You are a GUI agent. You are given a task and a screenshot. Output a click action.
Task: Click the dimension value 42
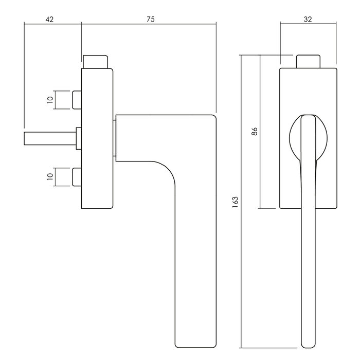pyautogui.click(x=49, y=19)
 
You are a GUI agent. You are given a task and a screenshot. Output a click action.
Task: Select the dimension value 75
pyautogui.click(x=150, y=19)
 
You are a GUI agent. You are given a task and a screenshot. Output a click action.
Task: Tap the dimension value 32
pyautogui.click(x=308, y=19)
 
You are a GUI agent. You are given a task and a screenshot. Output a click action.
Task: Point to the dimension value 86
pyautogui.click(x=254, y=131)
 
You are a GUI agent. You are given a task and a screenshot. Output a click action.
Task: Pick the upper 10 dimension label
pyautogui.click(x=50, y=100)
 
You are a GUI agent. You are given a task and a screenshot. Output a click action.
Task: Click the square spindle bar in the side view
pyautogui.click(x=49, y=138)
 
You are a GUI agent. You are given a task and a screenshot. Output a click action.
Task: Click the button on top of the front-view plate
pyautogui.click(x=309, y=61)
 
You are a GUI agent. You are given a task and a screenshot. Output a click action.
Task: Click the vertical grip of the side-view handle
pyautogui.click(x=194, y=257)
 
